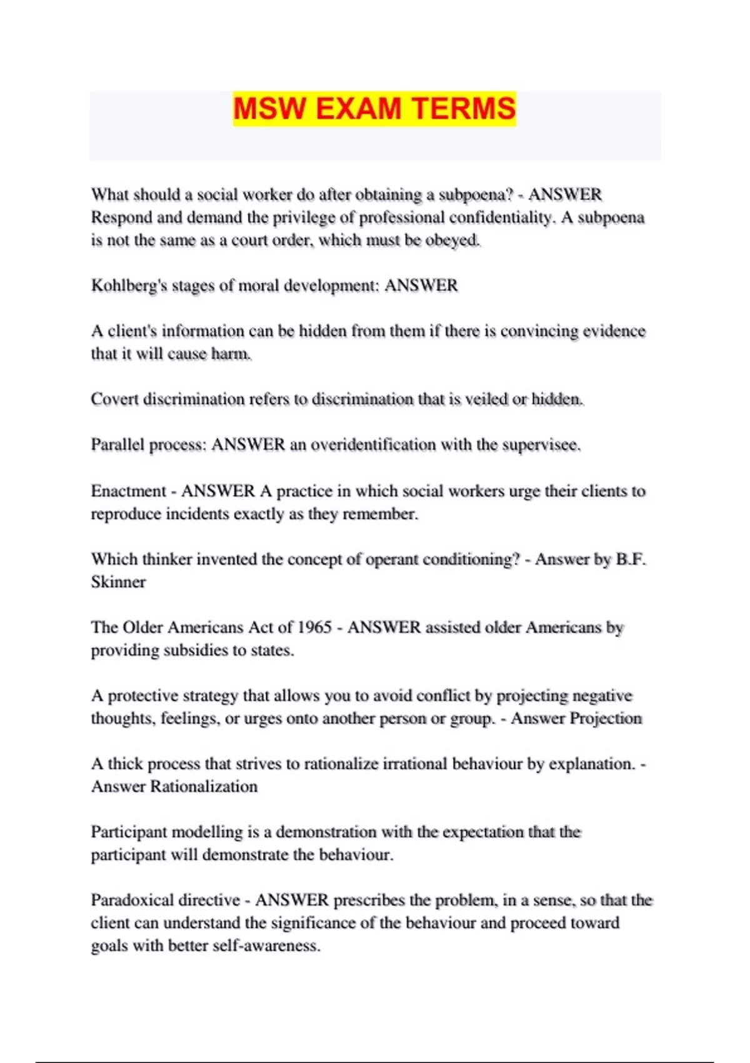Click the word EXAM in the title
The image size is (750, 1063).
click(358, 109)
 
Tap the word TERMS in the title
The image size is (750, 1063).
click(464, 109)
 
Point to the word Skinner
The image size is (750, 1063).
click(118, 582)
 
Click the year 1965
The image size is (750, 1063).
click(314, 627)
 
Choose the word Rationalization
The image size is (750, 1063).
click(204, 786)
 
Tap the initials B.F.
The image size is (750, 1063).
click(631, 559)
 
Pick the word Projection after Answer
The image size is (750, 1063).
click(606, 718)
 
